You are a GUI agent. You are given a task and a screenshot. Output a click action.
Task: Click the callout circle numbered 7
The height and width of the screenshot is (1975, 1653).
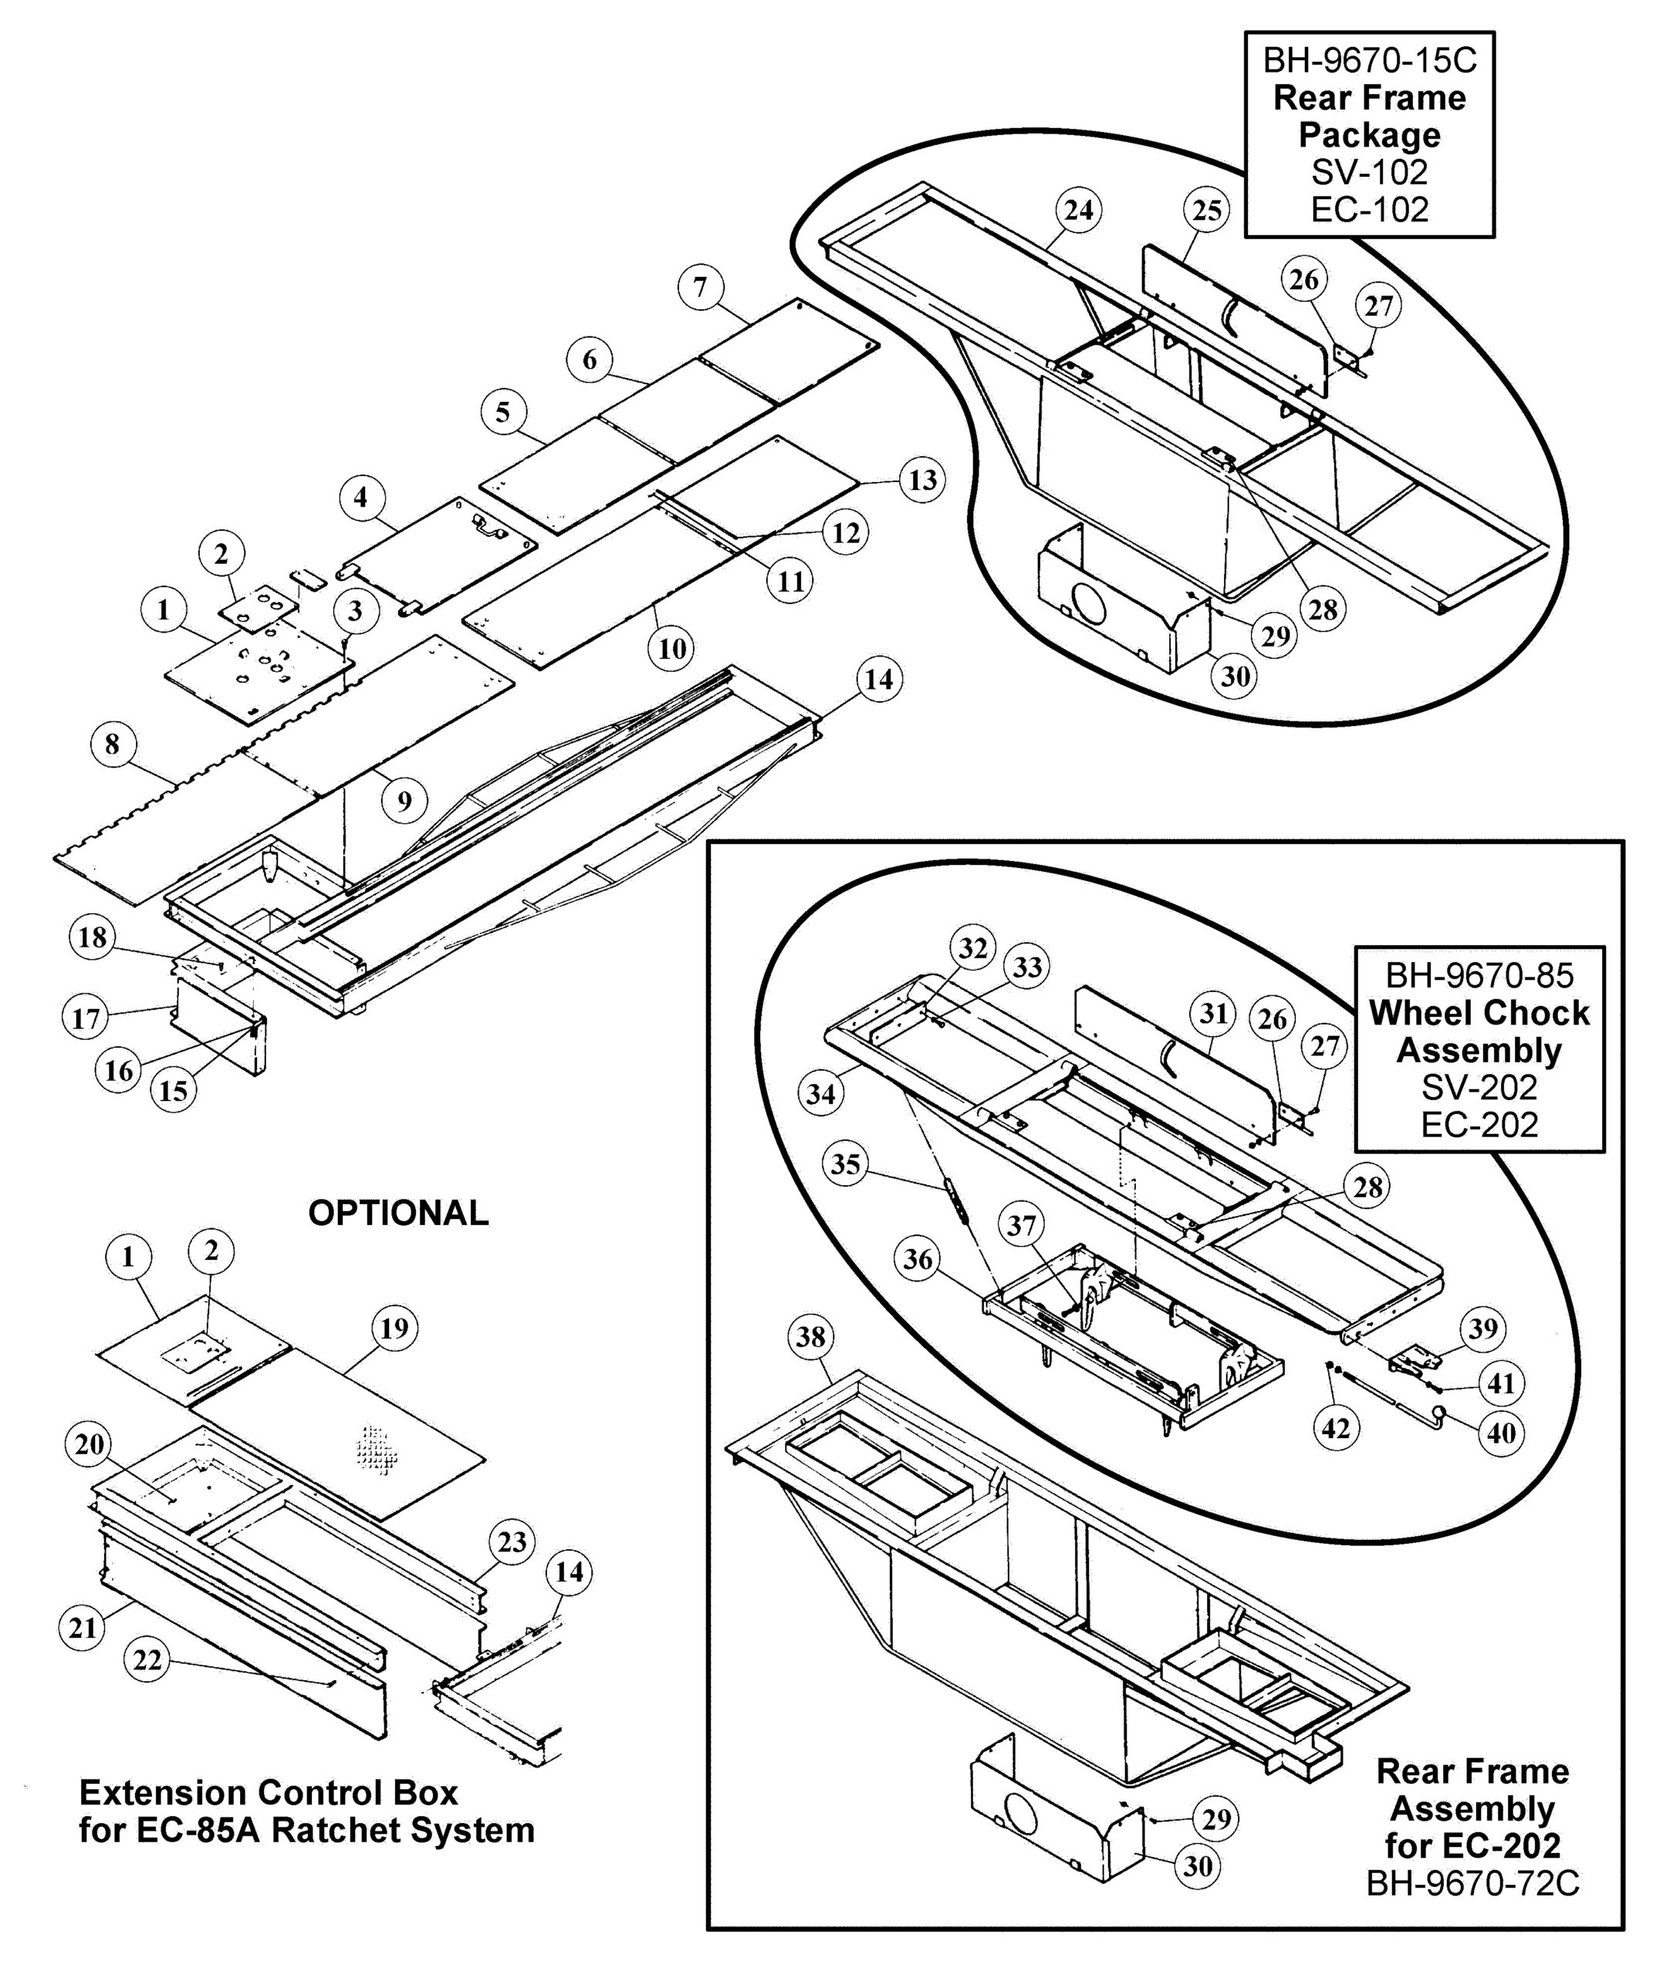click(x=700, y=287)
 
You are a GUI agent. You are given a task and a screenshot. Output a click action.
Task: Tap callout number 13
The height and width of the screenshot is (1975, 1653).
click(x=922, y=480)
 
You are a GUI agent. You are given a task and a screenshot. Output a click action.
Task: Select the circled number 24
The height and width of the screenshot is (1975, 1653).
click(x=1078, y=210)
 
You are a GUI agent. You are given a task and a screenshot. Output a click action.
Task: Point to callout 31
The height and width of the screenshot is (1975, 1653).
click(x=1214, y=1013)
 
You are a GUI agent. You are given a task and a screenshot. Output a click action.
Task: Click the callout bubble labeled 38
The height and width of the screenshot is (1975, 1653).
click(x=810, y=1337)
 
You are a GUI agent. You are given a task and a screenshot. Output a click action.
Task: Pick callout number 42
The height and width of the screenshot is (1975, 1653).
click(x=1335, y=1430)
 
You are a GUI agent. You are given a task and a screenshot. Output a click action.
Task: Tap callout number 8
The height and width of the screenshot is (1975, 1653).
click(x=112, y=744)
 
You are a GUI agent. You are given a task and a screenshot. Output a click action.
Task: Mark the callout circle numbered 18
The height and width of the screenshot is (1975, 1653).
click(x=92, y=937)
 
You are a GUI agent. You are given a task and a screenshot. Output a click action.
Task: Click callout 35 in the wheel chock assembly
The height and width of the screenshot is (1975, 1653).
click(x=845, y=1164)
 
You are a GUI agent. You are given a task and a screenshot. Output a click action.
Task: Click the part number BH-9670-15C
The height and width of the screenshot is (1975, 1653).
click(x=1369, y=61)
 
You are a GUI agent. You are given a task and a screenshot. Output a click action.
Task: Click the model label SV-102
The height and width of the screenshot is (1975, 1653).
click(x=1369, y=172)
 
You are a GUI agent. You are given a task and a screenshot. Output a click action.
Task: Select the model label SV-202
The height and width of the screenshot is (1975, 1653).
click(x=1479, y=1087)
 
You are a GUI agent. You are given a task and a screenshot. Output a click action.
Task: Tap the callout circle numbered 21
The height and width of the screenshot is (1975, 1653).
click(x=83, y=1628)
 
